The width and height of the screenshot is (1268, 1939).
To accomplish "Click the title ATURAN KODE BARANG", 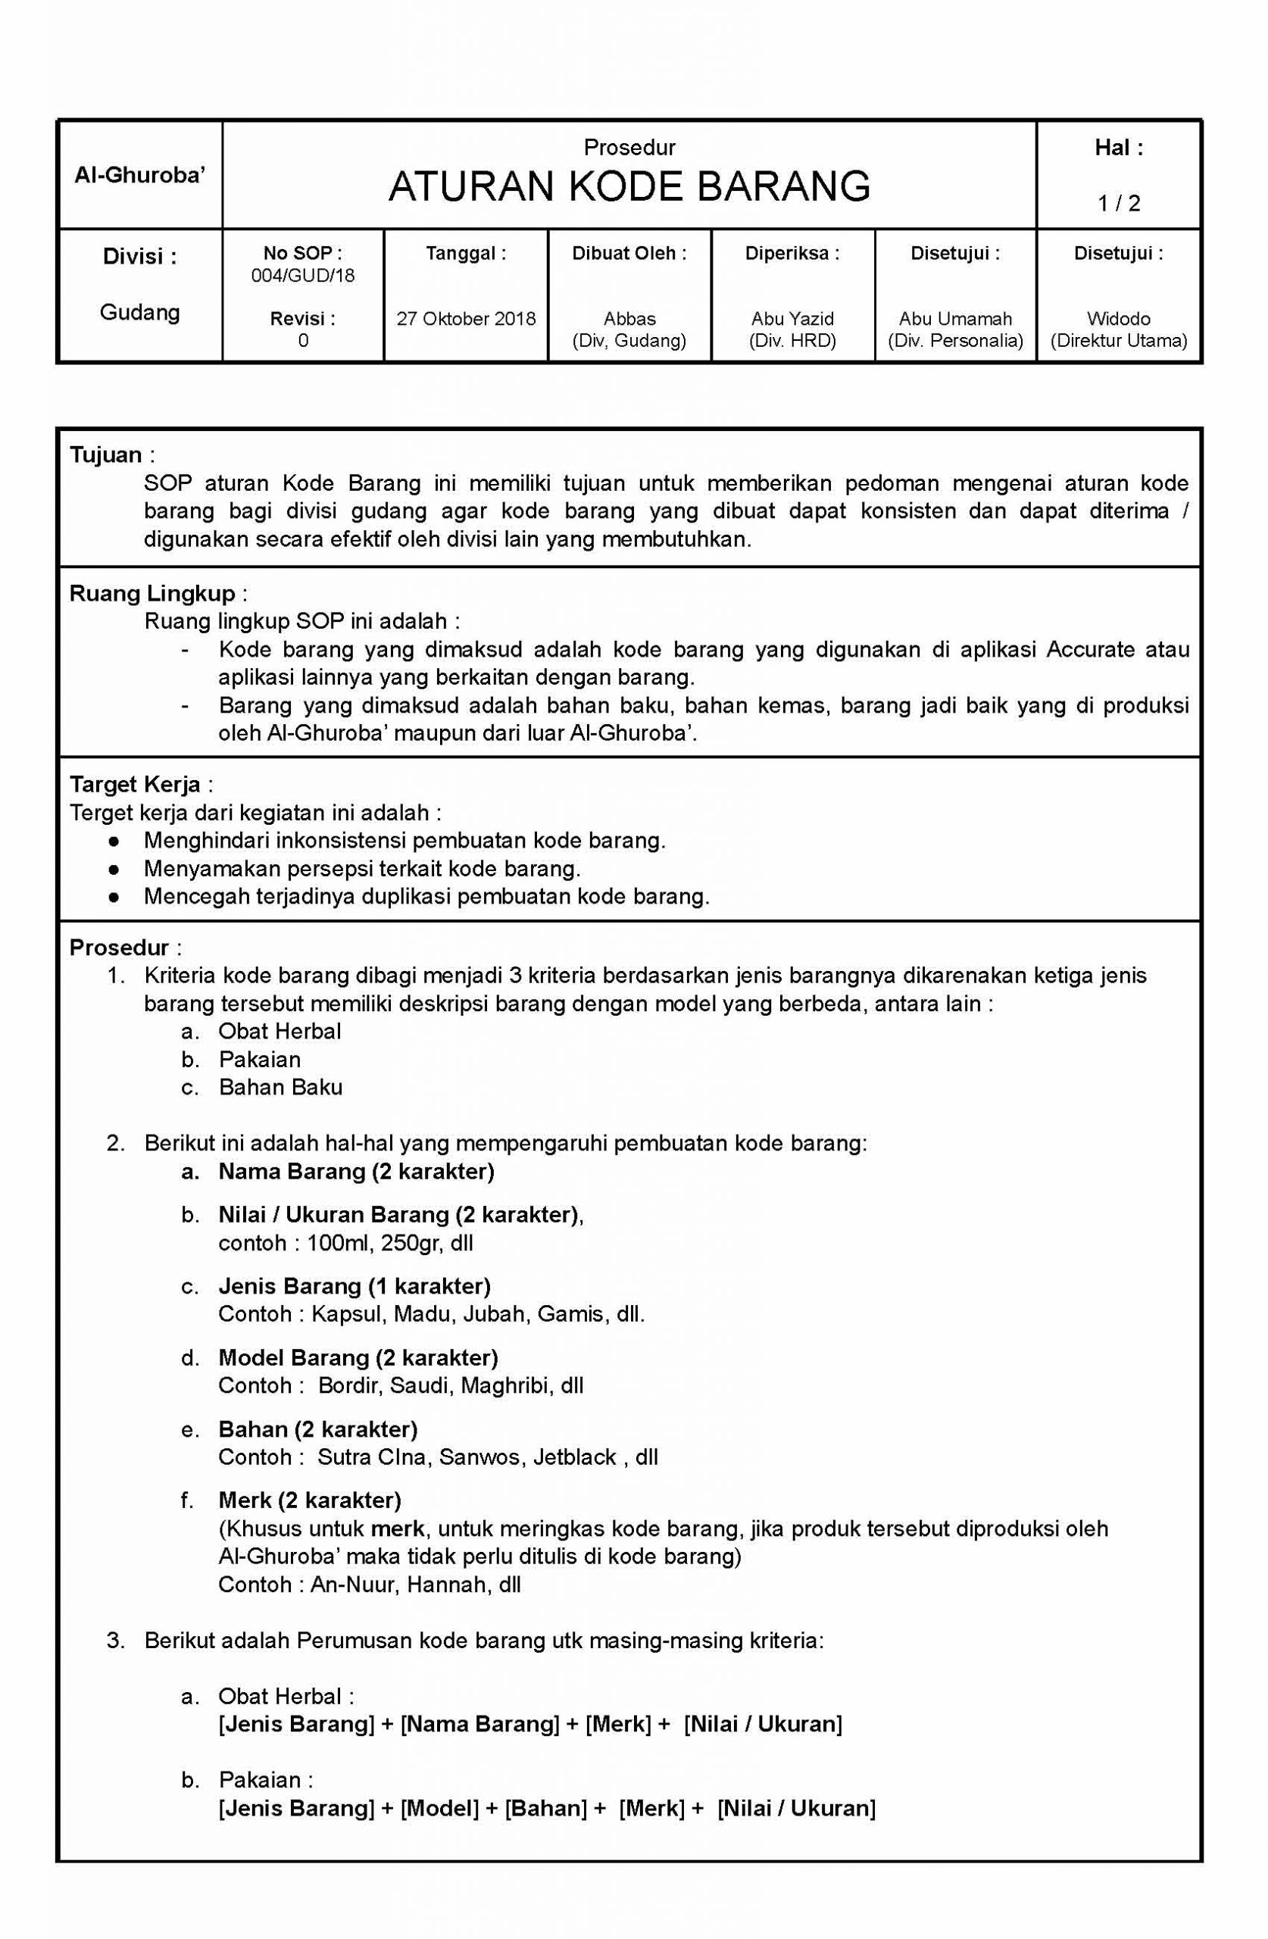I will (629, 186).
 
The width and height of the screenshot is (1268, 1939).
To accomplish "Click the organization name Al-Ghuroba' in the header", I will (139, 175).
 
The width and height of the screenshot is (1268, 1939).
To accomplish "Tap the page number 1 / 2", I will (1119, 203).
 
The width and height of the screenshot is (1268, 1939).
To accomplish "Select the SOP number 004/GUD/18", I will (302, 276).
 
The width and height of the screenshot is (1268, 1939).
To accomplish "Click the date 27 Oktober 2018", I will (466, 319).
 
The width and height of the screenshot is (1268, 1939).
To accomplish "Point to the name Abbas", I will (629, 319).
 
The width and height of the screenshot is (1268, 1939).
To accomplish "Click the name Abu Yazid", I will (792, 319).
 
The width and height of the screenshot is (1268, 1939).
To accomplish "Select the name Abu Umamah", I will (955, 319).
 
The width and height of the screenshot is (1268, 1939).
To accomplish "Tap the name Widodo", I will (1118, 319).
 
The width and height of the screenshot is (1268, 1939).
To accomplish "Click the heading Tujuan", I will (106, 454).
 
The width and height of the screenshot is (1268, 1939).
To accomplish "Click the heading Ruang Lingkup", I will (151, 593).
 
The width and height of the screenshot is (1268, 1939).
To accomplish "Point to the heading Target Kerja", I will (135, 785).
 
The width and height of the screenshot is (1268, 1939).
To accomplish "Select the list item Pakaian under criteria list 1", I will (260, 1059).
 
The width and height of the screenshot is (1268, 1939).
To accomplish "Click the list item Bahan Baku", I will (280, 1087).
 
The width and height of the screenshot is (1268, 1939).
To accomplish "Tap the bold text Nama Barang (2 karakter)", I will (356, 1172).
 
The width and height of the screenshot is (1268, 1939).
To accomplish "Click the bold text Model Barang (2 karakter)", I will (358, 1357).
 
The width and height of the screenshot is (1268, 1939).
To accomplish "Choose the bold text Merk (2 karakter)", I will (310, 1500).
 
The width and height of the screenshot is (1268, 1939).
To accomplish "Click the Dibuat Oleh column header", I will (629, 254).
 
